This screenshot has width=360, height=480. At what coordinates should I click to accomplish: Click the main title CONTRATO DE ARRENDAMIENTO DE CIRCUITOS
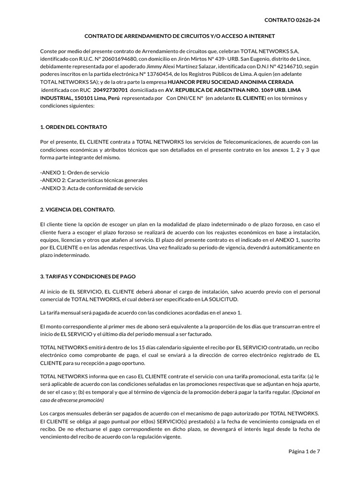click(180, 36)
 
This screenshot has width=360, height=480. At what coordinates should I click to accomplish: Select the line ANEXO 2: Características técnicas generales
click(94, 180)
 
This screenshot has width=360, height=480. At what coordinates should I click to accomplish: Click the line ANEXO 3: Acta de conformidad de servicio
click(92, 188)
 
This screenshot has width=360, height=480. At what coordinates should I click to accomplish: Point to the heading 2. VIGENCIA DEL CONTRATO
click(77, 209)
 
